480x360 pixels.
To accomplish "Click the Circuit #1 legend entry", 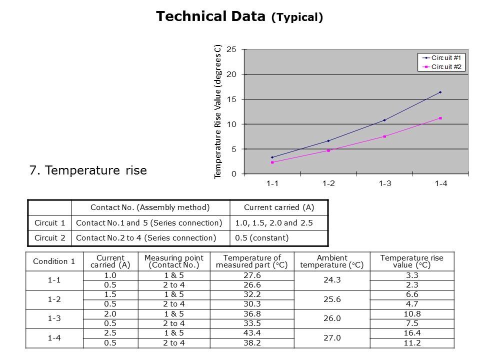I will point(442,57).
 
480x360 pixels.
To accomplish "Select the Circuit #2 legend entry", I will point(442,66).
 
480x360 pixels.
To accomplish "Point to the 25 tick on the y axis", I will point(231,49).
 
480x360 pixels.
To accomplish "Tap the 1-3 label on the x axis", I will point(384,183).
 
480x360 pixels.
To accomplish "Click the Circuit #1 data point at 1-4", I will point(440,92).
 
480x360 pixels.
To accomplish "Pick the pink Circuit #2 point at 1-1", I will point(272,162).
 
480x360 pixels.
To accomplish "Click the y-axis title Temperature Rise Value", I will point(218,111).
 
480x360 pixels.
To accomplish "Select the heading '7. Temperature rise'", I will point(88,170).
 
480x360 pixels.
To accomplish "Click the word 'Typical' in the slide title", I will point(297,17).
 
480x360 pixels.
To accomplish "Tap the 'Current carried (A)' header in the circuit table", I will point(278,207).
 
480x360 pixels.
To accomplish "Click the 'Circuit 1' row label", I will point(49,222).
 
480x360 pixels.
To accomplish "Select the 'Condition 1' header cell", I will point(54,261).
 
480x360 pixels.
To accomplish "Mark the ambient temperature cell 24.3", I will point(332,280).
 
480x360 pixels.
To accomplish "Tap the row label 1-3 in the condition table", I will point(54,318).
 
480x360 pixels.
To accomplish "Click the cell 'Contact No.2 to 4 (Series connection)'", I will point(146,238).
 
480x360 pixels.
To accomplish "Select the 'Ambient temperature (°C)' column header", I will point(332,261).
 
